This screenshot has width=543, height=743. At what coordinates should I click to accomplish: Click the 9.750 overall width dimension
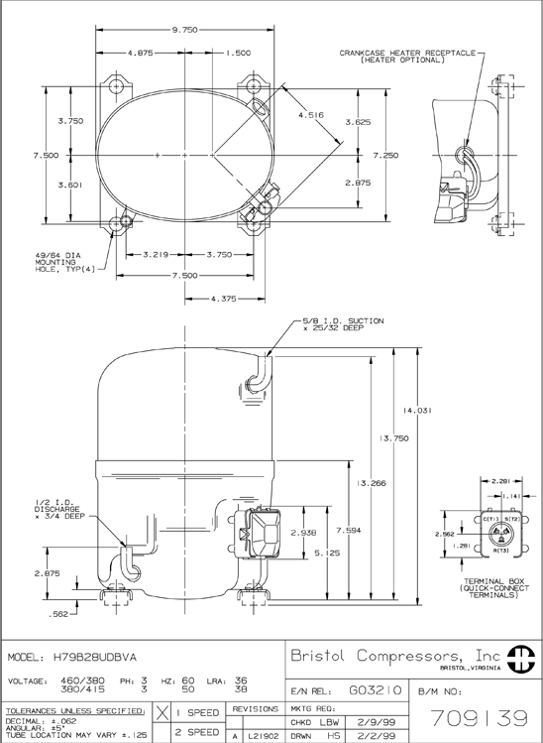(184, 30)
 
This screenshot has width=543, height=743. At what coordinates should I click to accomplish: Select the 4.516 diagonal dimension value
(311, 115)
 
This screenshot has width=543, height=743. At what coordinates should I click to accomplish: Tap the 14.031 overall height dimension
(417, 411)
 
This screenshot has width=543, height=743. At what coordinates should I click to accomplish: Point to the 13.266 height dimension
(372, 483)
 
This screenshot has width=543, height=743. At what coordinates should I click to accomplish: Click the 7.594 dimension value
(349, 531)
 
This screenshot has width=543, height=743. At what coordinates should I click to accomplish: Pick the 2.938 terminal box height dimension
(303, 533)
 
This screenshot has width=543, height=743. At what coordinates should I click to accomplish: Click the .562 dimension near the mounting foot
(58, 615)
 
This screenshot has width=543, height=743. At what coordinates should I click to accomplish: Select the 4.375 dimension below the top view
(223, 299)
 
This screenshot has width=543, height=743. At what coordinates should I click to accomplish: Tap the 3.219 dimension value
(156, 255)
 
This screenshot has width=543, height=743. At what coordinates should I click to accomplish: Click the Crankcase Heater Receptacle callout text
(407, 56)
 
